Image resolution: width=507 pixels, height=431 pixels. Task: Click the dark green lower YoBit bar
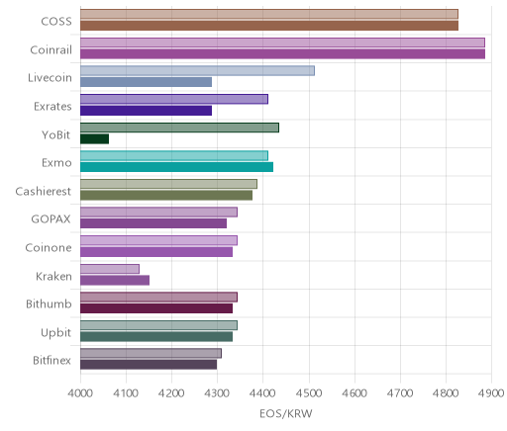94,139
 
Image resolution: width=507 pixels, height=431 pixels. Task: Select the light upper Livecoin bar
197,70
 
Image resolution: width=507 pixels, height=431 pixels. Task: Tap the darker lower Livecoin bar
146,82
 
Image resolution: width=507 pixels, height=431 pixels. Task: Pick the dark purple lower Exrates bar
146,111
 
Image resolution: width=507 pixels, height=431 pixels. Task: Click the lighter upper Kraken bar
110,269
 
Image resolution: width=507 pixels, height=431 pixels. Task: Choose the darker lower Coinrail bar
282,53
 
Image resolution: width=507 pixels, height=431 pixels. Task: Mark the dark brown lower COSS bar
269,26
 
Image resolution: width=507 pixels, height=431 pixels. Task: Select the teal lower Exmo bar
176,167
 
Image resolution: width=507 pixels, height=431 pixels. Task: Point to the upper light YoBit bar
179,128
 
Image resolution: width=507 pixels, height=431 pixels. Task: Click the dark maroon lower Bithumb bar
156,308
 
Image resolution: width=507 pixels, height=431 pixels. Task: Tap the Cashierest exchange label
44,191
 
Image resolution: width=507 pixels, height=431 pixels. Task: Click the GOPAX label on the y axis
51,219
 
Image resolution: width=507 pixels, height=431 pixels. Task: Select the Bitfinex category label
51,361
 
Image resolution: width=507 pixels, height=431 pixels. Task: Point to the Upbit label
55,333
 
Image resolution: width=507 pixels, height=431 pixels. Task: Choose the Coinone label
49,247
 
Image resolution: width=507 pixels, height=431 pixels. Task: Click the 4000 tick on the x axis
80,393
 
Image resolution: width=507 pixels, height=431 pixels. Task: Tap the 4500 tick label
309,393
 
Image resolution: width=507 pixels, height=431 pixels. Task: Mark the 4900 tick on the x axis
491,393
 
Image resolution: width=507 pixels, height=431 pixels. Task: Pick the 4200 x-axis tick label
171,393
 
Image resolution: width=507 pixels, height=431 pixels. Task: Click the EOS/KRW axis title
286,413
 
